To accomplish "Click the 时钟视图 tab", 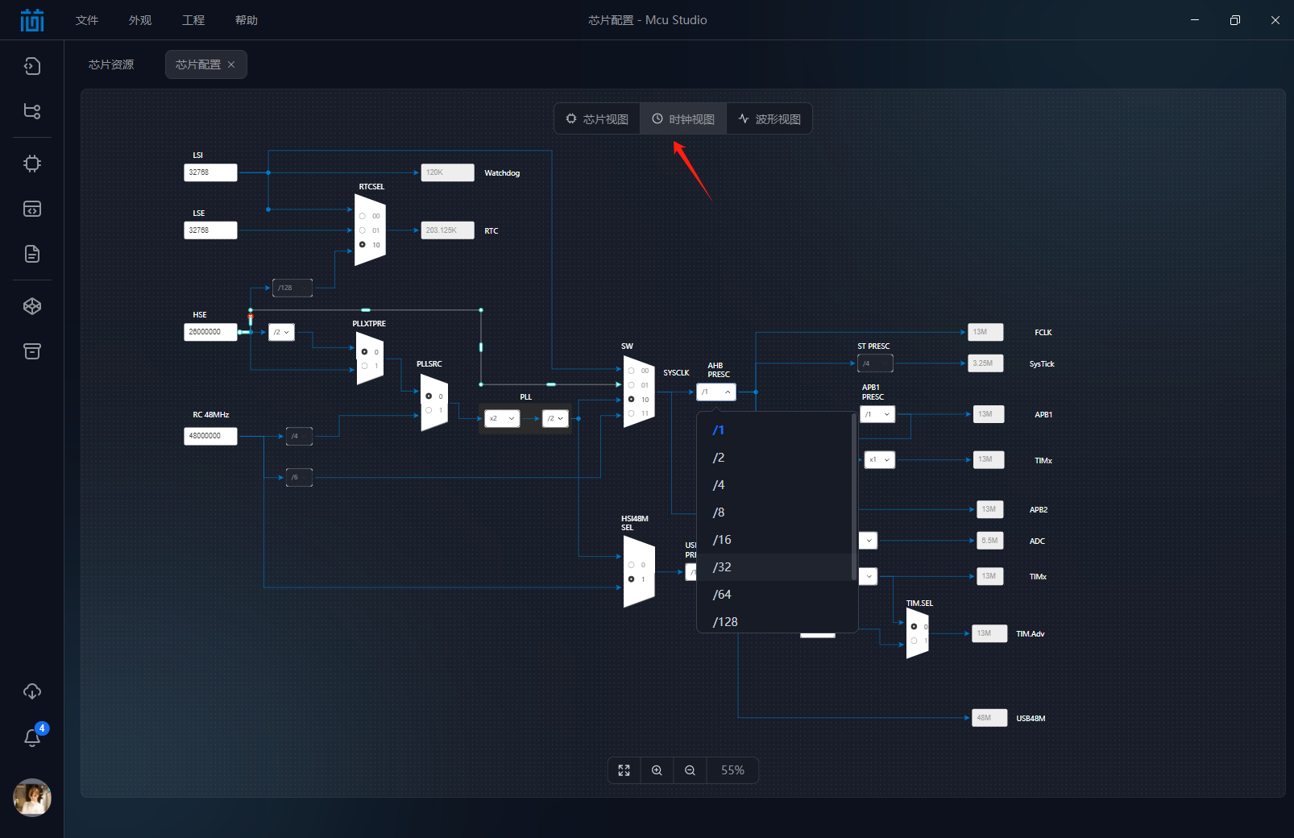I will point(683,119).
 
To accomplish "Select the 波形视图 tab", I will point(769,119).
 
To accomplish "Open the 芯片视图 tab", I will point(597,119).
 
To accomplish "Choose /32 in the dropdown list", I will point(722,567).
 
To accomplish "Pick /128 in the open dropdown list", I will point(725,621).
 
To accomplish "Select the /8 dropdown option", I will point(719,512).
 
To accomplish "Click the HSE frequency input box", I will point(210,332).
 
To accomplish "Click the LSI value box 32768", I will point(210,172).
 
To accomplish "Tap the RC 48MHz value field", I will point(210,436).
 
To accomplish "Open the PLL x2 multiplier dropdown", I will point(501,418).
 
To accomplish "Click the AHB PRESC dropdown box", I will point(715,392).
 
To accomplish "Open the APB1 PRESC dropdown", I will point(877,414).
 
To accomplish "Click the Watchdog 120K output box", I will point(447,172).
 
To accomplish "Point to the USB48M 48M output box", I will point(989,718).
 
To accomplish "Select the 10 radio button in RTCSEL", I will point(363,245).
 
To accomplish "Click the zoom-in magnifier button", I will point(657,770).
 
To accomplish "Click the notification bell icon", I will point(32,737).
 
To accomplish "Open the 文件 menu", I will point(87,20).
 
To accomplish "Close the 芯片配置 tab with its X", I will point(231,64).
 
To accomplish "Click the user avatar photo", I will point(32,798).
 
